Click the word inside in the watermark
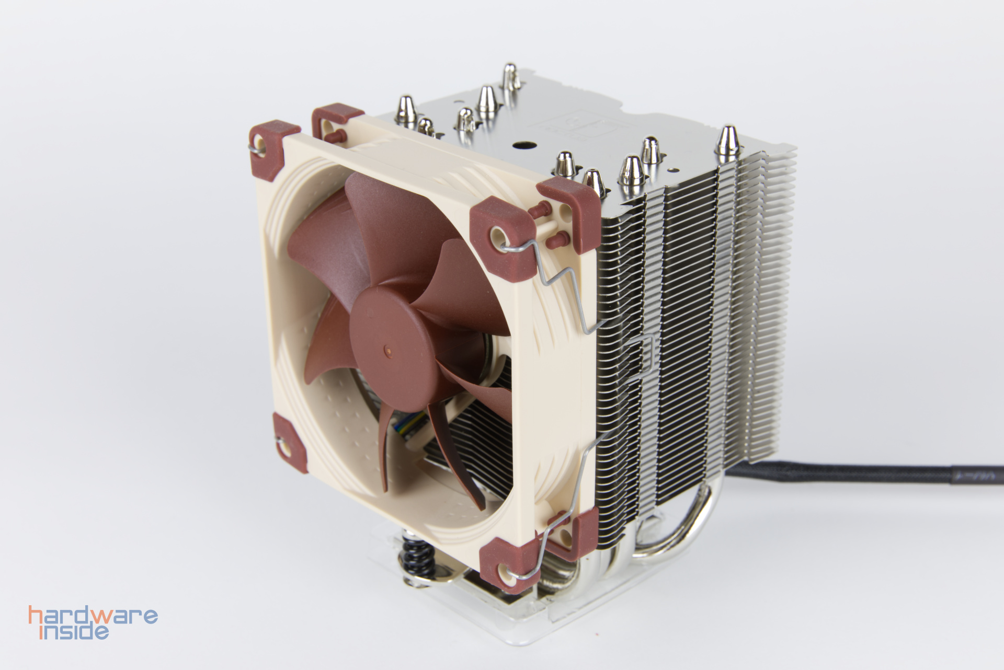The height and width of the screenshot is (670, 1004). (x=75, y=632)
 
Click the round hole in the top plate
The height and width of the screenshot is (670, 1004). (x=522, y=146)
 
